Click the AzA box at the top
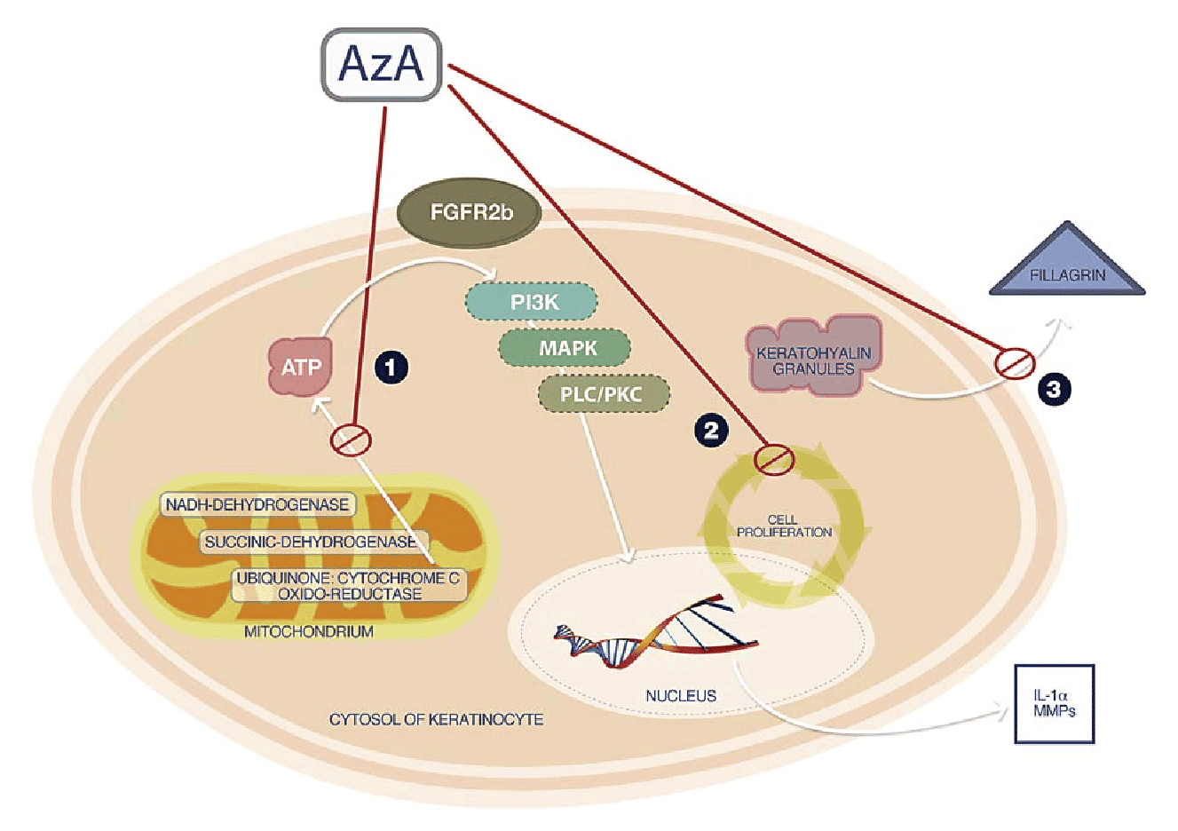pyautogui.click(x=381, y=64)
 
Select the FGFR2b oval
pyautogui.click(x=470, y=213)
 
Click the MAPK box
pyautogui.click(x=566, y=348)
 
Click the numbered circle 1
pyautogui.click(x=391, y=367)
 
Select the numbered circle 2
pyautogui.click(x=710, y=431)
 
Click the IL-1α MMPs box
pyautogui.click(x=1054, y=703)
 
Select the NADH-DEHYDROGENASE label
pyautogui.click(x=257, y=504)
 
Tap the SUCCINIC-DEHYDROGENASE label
pyautogui.click(x=310, y=542)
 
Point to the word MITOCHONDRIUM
pyautogui.click(x=308, y=631)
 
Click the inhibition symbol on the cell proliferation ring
pyautogui.click(x=773, y=459)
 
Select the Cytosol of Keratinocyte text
pyautogui.click(x=436, y=718)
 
